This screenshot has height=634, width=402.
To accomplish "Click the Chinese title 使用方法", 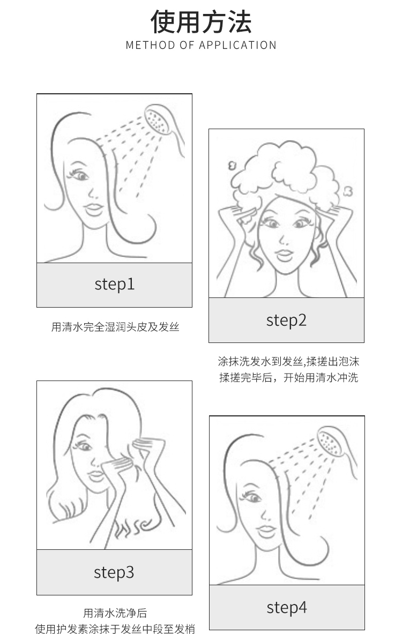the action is click(x=201, y=21).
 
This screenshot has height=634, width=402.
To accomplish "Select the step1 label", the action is click(x=115, y=284).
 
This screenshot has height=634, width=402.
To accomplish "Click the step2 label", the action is click(x=286, y=320).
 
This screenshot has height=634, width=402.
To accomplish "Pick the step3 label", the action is click(x=114, y=572).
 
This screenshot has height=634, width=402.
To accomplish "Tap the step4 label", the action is click(x=287, y=607).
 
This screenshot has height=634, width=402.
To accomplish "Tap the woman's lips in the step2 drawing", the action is click(x=284, y=255).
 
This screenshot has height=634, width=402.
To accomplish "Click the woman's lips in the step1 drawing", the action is click(x=94, y=209).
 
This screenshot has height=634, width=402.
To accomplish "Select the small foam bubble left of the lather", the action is click(x=232, y=166).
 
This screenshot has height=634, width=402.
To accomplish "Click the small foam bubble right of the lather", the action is click(x=348, y=191).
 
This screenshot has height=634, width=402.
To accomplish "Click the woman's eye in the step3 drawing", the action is click(x=84, y=446).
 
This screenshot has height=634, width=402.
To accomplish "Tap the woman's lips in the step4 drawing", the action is click(x=267, y=531).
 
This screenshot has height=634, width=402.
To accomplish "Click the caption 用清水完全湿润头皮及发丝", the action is click(x=115, y=327).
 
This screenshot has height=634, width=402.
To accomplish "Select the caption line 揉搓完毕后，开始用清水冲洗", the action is click(x=289, y=378).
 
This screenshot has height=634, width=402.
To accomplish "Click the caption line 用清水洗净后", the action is click(x=115, y=613).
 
